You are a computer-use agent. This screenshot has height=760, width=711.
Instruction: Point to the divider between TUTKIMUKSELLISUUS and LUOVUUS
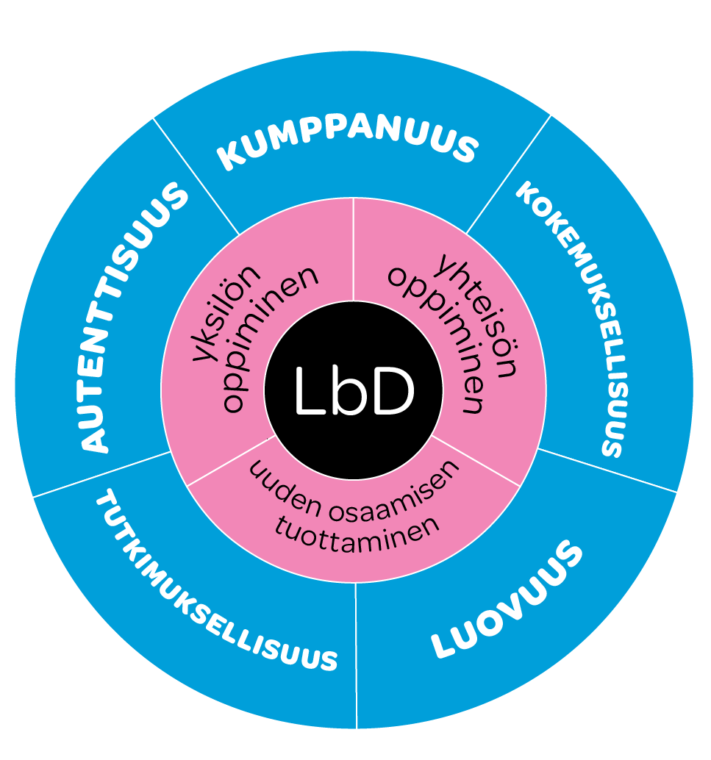(x=356, y=654)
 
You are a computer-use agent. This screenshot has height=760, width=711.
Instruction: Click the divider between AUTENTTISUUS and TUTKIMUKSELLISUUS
(x=103, y=474)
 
